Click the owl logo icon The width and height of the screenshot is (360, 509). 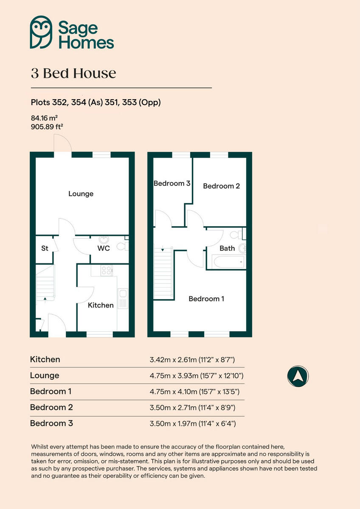coord(41,32)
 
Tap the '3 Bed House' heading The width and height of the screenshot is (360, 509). coord(73,73)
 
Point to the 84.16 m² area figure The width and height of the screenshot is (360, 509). coord(44,118)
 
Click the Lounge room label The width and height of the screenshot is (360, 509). coord(81,194)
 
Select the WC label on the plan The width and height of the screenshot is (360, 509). coord(104,248)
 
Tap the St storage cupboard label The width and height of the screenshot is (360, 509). coord(45,249)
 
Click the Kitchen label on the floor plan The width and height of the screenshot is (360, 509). coord(101,305)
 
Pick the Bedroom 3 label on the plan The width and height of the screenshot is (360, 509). coord(172,184)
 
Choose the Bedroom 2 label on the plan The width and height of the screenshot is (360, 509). coord(221,186)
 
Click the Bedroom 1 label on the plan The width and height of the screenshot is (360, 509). coord(206,299)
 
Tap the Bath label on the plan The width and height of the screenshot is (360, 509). coord(227,248)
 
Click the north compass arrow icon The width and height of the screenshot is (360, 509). coord(298,375)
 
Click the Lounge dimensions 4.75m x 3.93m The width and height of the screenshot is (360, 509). coord(196,376)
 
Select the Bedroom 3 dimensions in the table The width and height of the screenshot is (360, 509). coord(192,423)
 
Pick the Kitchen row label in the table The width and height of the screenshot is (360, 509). coord(45,359)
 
